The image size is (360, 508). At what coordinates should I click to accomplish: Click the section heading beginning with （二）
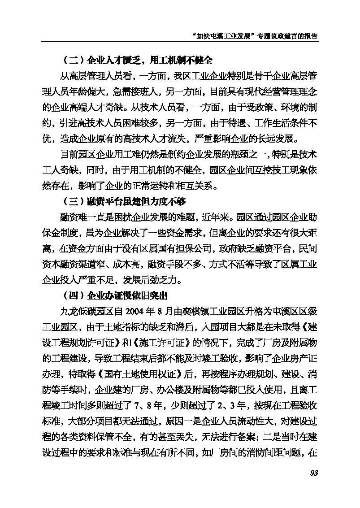(134, 60)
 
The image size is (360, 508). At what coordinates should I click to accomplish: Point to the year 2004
(136, 310)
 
